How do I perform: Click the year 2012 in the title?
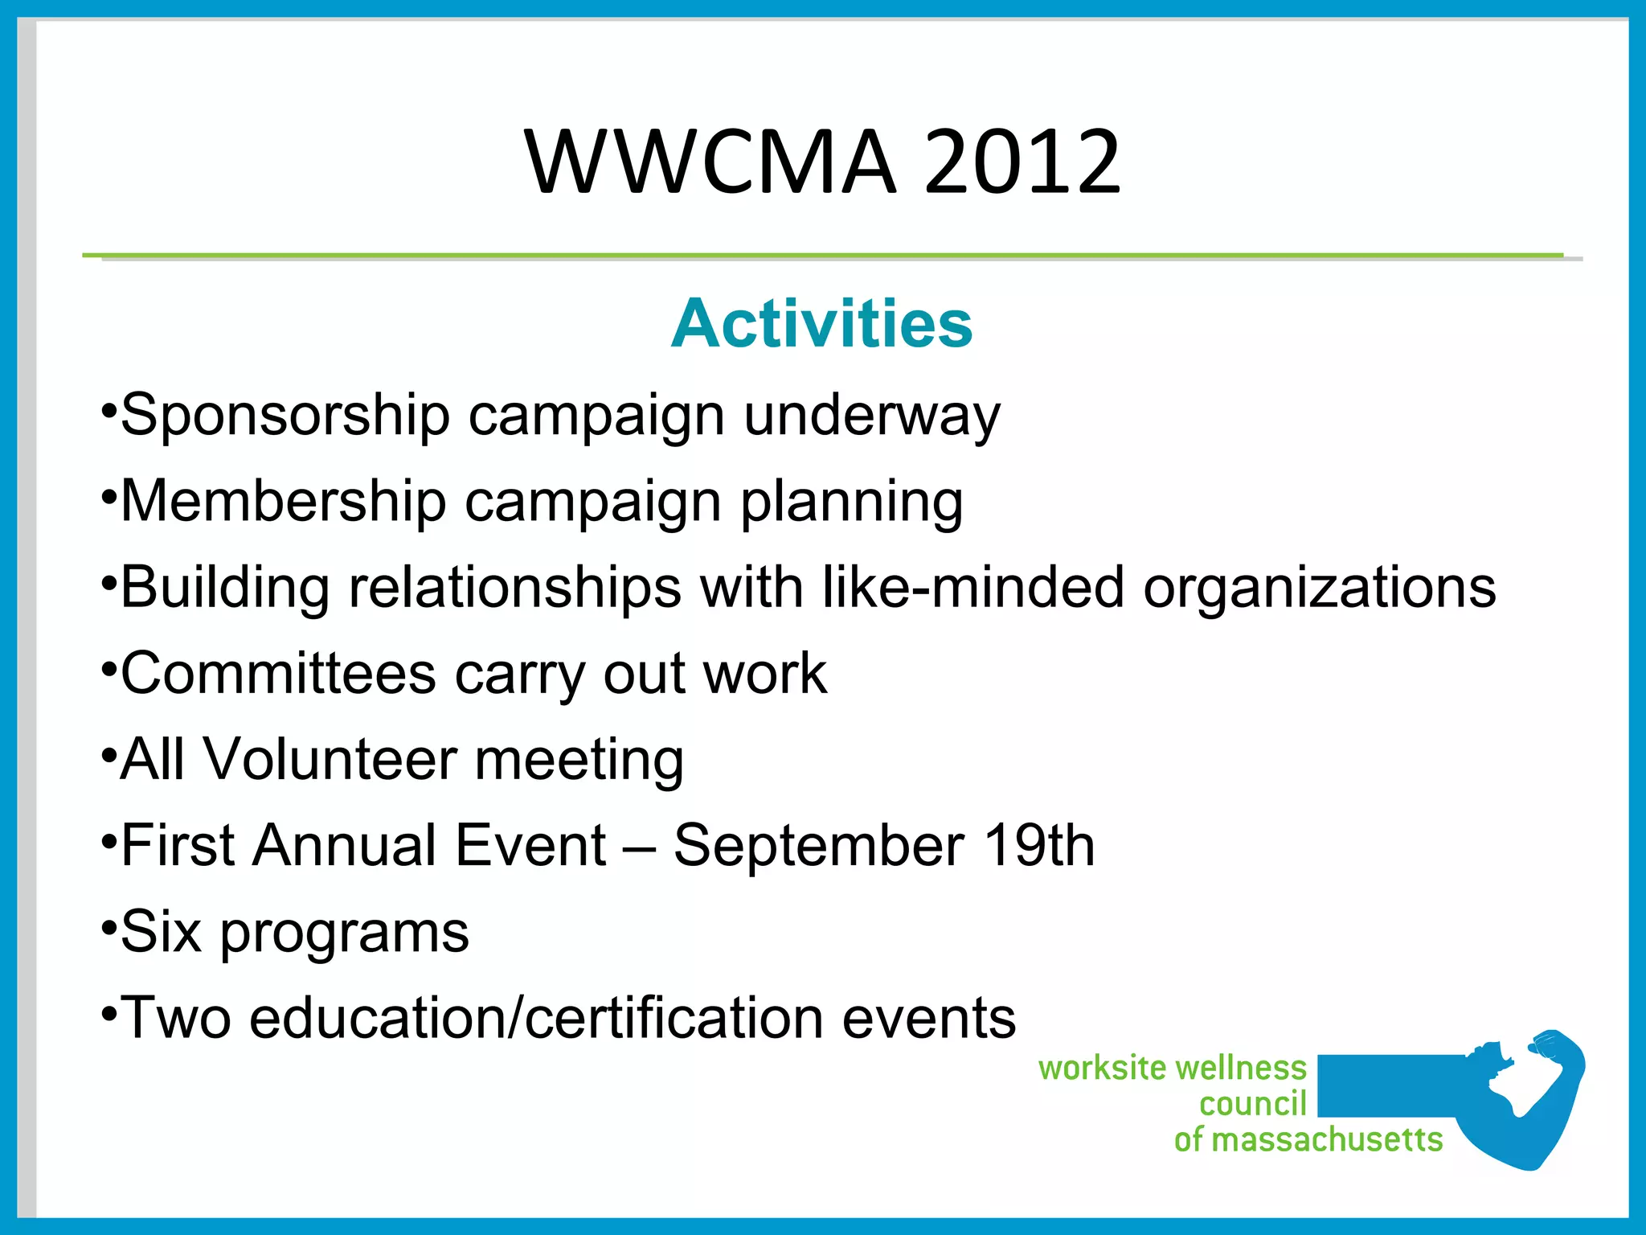(x=1022, y=163)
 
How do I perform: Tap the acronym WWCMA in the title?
(x=710, y=163)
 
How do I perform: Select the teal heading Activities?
(x=821, y=323)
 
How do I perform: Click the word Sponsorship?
(x=285, y=416)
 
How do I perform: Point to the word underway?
(x=871, y=416)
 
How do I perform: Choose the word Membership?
(x=283, y=502)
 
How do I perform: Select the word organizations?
(x=1319, y=589)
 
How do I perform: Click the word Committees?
(x=278, y=674)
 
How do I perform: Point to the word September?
(x=818, y=847)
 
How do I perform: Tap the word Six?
(x=160, y=932)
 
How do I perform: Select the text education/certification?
(x=536, y=1018)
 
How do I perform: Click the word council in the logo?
(x=1253, y=1104)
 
